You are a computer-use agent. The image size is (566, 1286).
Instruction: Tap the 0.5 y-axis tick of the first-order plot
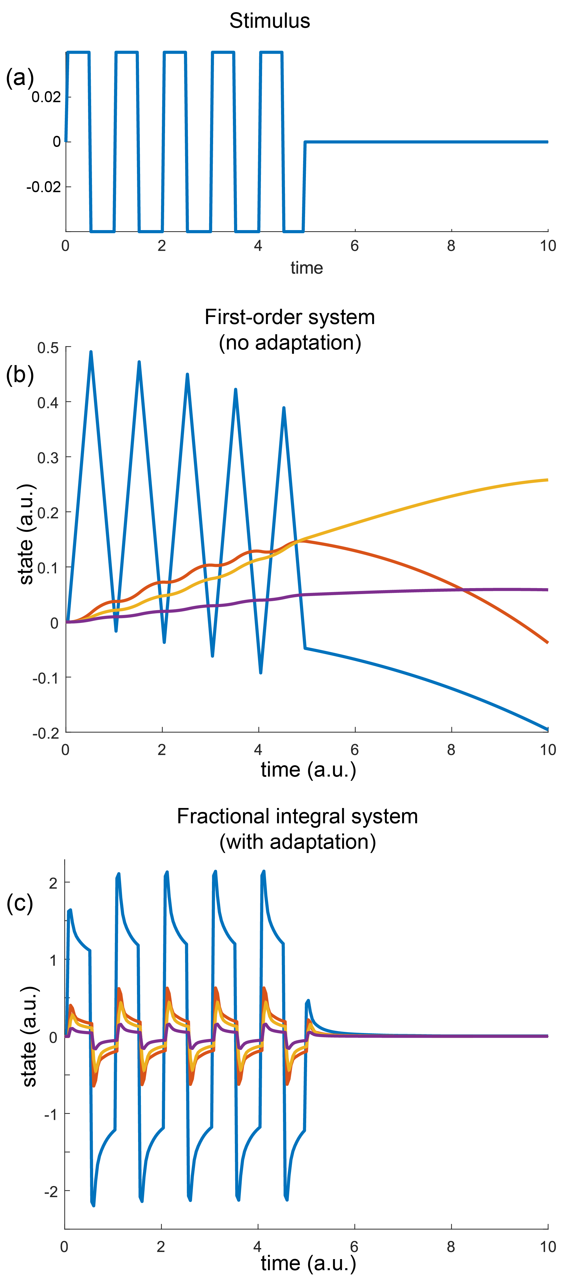[48, 348]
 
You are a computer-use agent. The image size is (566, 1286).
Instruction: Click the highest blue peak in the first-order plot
[91, 352]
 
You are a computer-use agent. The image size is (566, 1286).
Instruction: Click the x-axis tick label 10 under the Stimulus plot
[548, 246]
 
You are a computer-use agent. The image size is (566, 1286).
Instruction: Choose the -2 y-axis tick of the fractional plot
[51, 1192]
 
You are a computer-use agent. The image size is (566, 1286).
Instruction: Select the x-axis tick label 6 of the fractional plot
[354, 1247]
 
